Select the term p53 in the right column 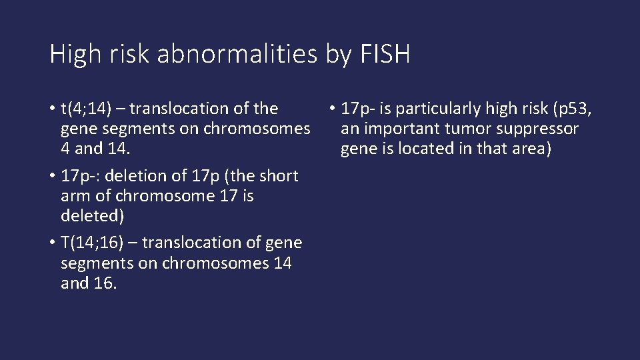click(x=574, y=108)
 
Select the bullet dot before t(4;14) click(x=52, y=109)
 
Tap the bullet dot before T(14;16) click(x=52, y=243)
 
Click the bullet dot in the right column click(x=331, y=109)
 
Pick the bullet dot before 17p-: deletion click(x=52, y=177)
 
